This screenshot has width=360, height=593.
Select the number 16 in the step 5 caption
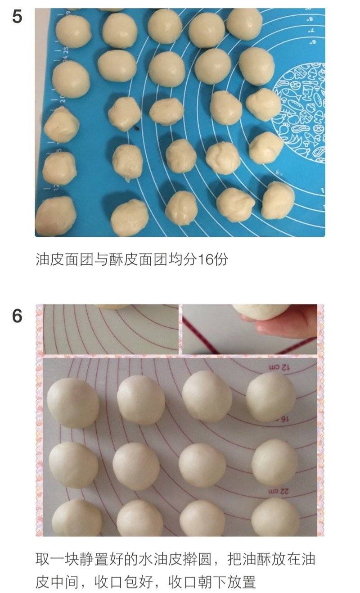204,259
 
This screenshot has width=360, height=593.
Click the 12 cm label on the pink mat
279,367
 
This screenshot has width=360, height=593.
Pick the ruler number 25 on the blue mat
66,50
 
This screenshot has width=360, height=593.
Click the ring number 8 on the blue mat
310,19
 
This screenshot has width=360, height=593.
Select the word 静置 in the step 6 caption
93,559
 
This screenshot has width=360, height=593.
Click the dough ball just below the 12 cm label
270,396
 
